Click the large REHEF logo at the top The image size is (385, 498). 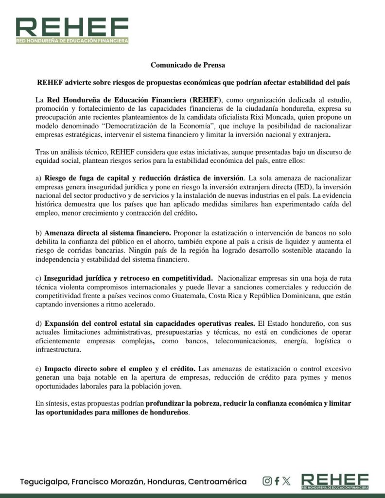coord(72,30)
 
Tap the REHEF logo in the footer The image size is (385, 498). coord(335,480)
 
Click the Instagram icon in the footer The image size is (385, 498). coord(267,481)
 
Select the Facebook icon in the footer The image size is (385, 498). coord(277,481)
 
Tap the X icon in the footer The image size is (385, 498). coord(286,481)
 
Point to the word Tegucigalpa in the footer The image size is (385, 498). coord(44,482)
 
